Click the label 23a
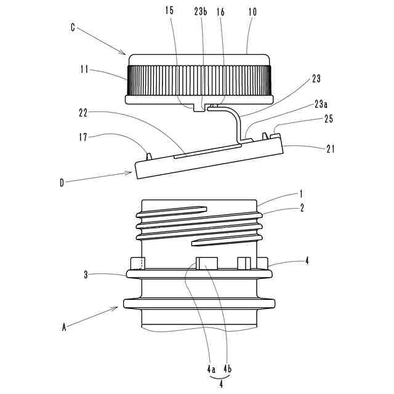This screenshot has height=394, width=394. [321, 105]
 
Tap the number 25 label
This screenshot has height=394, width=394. [329, 119]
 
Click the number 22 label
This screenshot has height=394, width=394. [84, 112]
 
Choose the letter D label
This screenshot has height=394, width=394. [62, 182]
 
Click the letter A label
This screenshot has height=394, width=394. [63, 328]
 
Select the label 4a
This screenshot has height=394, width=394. [211, 370]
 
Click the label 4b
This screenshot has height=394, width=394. [227, 370]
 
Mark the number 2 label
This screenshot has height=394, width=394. [302, 209]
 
